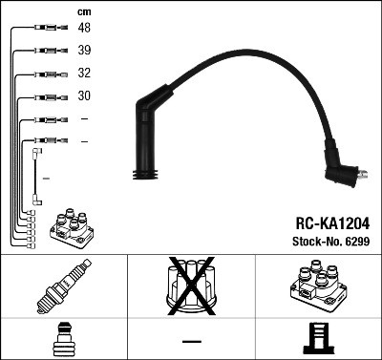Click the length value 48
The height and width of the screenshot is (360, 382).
(85, 30)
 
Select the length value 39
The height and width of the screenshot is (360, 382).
(85, 52)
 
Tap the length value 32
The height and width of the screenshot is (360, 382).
(85, 74)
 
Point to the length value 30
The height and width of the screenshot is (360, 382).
(85, 96)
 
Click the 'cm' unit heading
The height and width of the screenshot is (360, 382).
(83, 11)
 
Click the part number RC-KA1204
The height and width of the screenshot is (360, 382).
(331, 222)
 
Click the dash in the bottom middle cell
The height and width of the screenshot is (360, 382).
(192, 341)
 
